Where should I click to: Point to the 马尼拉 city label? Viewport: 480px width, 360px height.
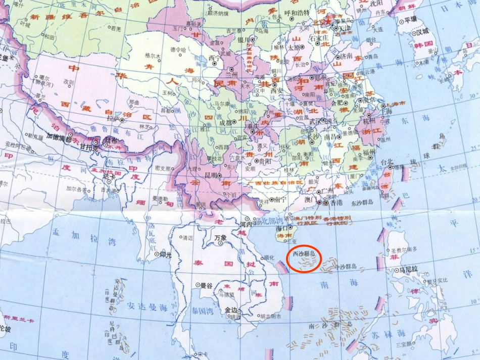410,270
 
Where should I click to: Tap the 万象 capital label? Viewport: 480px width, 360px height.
221,237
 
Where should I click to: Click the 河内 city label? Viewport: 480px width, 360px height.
246,224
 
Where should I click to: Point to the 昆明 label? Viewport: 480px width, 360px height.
210,175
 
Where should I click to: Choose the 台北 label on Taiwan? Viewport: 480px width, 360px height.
387,162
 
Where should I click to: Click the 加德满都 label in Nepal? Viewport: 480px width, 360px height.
59,136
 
